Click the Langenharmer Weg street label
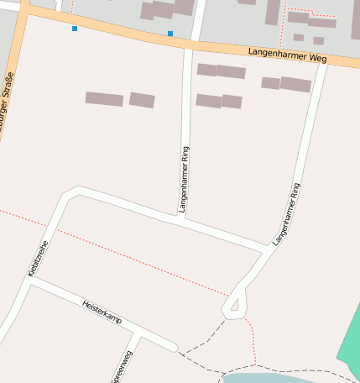point(287,55)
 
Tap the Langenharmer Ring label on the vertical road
point(185,179)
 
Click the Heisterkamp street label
point(102,312)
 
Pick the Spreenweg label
point(121,367)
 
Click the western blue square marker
point(75,29)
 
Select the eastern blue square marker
point(170,34)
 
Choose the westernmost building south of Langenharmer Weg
point(104,98)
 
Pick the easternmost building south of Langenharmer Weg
point(295,84)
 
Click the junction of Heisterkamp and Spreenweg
point(139,334)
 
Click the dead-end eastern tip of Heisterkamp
point(174,347)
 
